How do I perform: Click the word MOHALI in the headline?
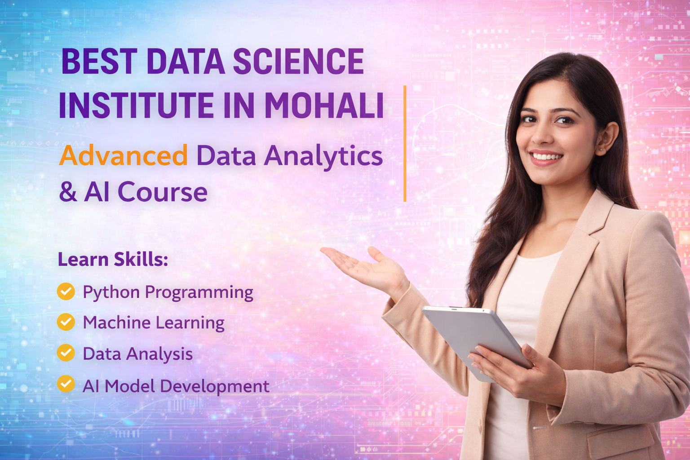[x=324, y=106]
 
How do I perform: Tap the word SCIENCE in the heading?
[x=298, y=62]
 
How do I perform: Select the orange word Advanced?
[x=123, y=156]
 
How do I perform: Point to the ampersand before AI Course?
[x=68, y=192]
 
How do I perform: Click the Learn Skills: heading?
[x=113, y=260]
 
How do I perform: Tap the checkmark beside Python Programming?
[x=66, y=291]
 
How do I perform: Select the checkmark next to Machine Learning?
[x=66, y=322]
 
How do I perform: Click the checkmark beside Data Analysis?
[x=66, y=353]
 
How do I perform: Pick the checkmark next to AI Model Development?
[x=66, y=384]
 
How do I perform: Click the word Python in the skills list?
[x=111, y=292]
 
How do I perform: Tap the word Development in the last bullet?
[x=215, y=386]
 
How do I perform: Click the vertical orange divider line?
[x=405, y=144]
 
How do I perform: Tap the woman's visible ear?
[x=608, y=137]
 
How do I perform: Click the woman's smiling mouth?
[x=547, y=157]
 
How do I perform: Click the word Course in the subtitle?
[x=162, y=192]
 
